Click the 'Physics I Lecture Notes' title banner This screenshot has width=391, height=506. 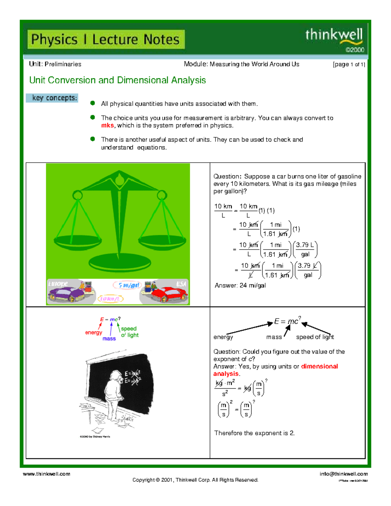(106, 39)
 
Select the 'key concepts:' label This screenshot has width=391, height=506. (52, 98)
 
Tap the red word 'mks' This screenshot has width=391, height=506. (107, 126)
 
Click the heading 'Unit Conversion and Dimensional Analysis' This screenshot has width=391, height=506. (117, 80)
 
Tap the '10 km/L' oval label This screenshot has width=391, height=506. (110, 299)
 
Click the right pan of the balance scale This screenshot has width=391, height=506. (162, 241)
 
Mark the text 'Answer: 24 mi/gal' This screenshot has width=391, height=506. (240, 285)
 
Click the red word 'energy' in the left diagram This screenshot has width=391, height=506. (94, 333)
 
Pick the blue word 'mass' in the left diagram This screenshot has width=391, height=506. (109, 339)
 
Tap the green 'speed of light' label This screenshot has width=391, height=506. (129, 332)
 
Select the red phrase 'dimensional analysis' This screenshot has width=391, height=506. (319, 367)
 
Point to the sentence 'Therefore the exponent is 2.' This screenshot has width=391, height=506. (254, 433)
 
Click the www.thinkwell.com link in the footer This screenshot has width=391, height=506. (46, 474)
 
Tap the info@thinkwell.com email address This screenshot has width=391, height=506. (343, 474)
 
